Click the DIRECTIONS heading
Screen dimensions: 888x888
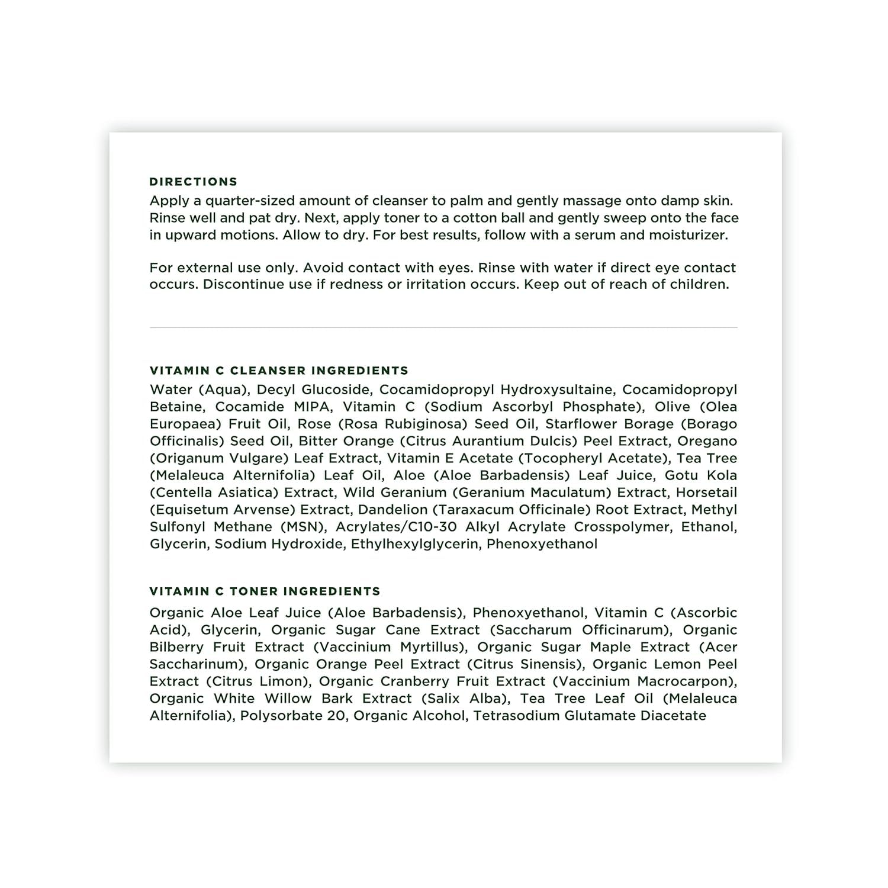pos(193,182)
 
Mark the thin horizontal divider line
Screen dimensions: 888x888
pos(443,327)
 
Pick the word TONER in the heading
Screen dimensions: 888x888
pos(254,591)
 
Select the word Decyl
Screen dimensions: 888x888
pos(276,390)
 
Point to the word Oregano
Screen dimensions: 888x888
pos(707,441)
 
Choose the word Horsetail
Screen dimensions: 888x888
pos(706,493)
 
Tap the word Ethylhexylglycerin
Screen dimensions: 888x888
pos(414,544)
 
